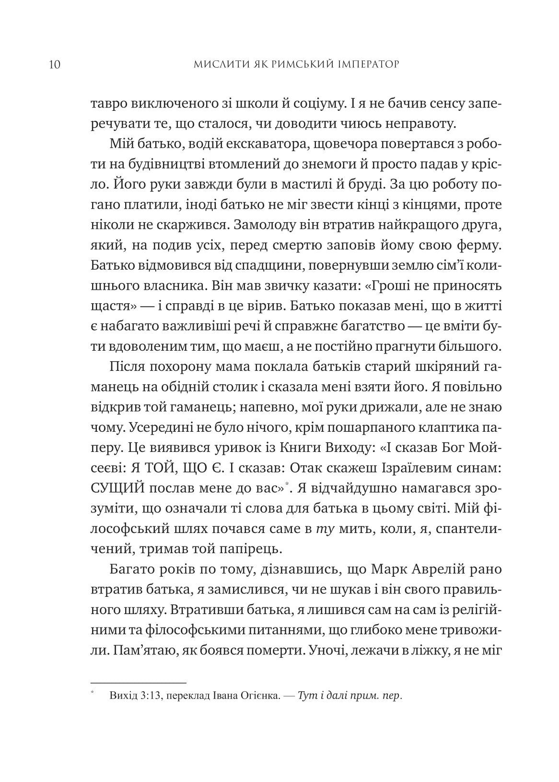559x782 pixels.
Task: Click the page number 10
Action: click(x=54, y=64)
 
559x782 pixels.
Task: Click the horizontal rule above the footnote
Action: click(x=138, y=682)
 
